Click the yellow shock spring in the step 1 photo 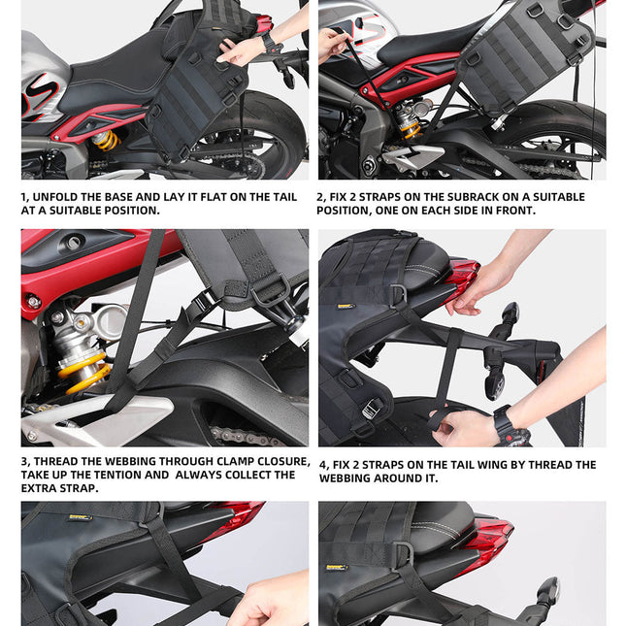click(106, 140)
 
